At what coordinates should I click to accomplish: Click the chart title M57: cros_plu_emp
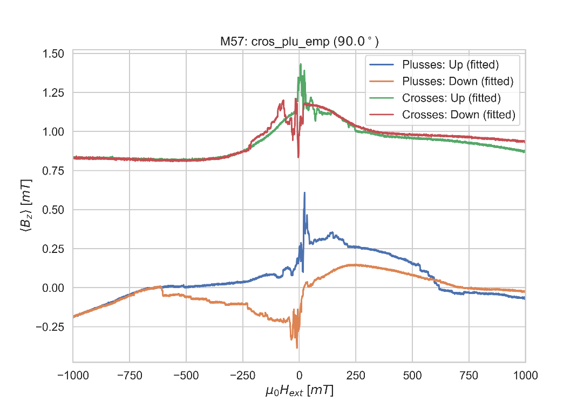(298, 42)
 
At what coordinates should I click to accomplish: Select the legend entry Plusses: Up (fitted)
(450, 65)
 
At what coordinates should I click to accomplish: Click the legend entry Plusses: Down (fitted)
(457, 82)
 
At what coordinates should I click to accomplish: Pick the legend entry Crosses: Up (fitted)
(451, 98)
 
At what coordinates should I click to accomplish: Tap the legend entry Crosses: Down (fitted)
(458, 115)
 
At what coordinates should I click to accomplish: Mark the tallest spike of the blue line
(304, 193)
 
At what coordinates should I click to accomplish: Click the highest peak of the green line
(301, 64)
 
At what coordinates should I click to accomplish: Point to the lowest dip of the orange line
(297, 348)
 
